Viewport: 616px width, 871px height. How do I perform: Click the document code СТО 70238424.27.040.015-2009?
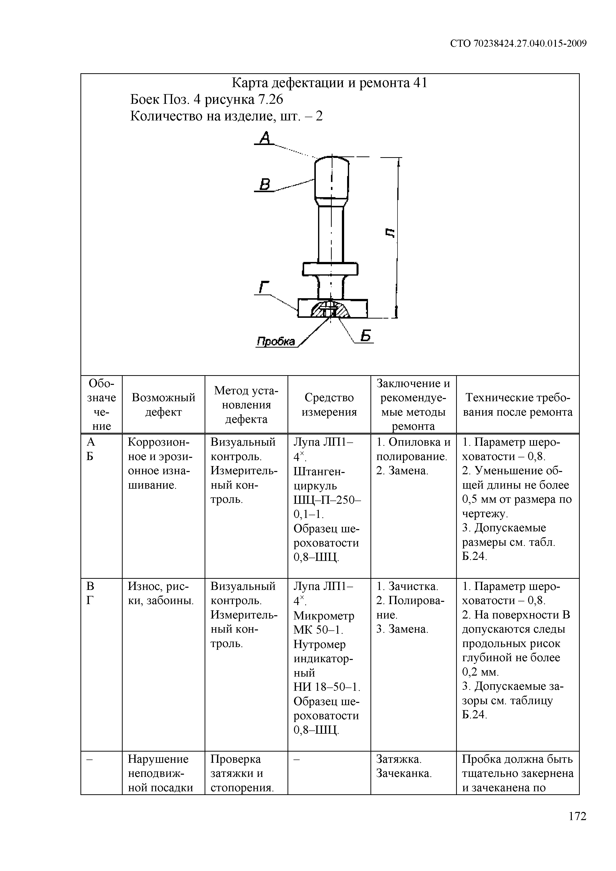[x=518, y=44]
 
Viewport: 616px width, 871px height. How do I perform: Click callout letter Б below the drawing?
[x=365, y=336]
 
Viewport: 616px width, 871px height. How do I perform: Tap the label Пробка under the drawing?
[x=276, y=341]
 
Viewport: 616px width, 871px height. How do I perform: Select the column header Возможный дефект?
[x=163, y=404]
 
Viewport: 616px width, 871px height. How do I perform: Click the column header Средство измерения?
[x=329, y=404]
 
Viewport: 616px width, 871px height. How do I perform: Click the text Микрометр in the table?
[x=324, y=615]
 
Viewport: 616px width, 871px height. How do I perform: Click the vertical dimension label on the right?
[x=390, y=233]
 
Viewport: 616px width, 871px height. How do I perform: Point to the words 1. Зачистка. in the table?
[x=407, y=586]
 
